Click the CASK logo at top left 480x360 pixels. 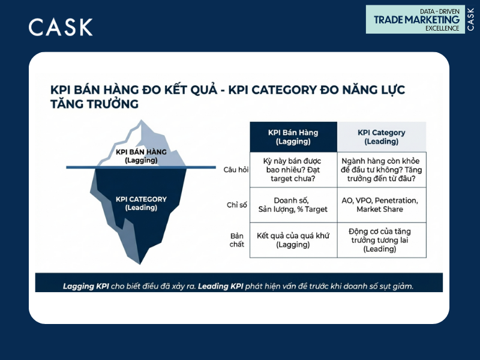61,27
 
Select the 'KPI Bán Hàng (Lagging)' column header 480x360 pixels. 293,137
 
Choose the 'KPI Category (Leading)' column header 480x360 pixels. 381,137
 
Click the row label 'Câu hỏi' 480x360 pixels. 235,169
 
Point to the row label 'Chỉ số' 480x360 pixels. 236,205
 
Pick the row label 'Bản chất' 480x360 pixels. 237,239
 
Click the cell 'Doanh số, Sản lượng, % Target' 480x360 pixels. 293,205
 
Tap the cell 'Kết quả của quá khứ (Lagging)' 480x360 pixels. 293,239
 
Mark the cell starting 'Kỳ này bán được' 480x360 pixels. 293,169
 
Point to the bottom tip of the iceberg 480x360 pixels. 140,263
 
